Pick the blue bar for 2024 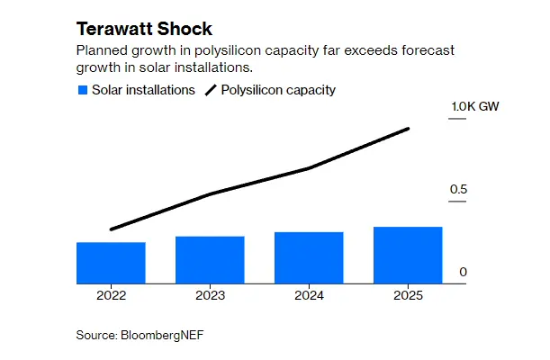pyautogui.click(x=309, y=257)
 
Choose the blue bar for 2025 pyautogui.click(x=408, y=255)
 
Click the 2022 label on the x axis pyautogui.click(x=111, y=294)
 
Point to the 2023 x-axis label pyautogui.click(x=210, y=294)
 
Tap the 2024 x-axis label pyautogui.click(x=309, y=294)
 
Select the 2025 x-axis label pyautogui.click(x=408, y=294)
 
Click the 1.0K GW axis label pyautogui.click(x=475, y=108)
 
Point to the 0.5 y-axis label pyautogui.click(x=459, y=190)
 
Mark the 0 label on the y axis pyautogui.click(x=463, y=272)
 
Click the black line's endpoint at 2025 pyautogui.click(x=409, y=129)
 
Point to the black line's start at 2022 pyautogui.click(x=111, y=229)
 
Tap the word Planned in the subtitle pyautogui.click(x=101, y=50)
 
